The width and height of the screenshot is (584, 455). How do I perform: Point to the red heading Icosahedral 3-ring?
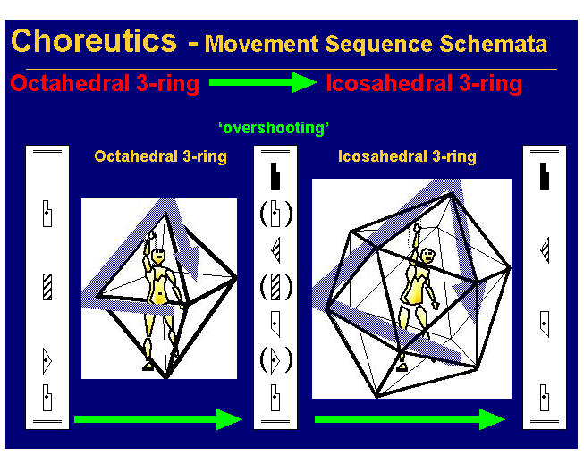[x=424, y=84]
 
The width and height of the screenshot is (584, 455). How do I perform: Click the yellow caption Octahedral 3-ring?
[x=160, y=156]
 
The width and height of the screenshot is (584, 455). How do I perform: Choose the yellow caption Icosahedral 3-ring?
[x=407, y=156]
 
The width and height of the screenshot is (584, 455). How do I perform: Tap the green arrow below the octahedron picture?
[x=158, y=418]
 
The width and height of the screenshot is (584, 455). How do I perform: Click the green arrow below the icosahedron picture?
[x=410, y=418]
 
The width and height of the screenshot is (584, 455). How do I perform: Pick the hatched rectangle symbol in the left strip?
[x=47, y=287]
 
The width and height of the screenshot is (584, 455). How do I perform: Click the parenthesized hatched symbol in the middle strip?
[x=275, y=287]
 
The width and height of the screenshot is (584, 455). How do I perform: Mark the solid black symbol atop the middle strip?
[x=275, y=176]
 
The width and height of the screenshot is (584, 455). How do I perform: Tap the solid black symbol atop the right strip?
[x=544, y=177]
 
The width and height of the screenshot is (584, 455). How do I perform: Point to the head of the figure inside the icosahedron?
[x=427, y=255]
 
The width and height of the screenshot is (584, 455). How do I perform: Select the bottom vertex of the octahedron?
[x=166, y=377]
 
